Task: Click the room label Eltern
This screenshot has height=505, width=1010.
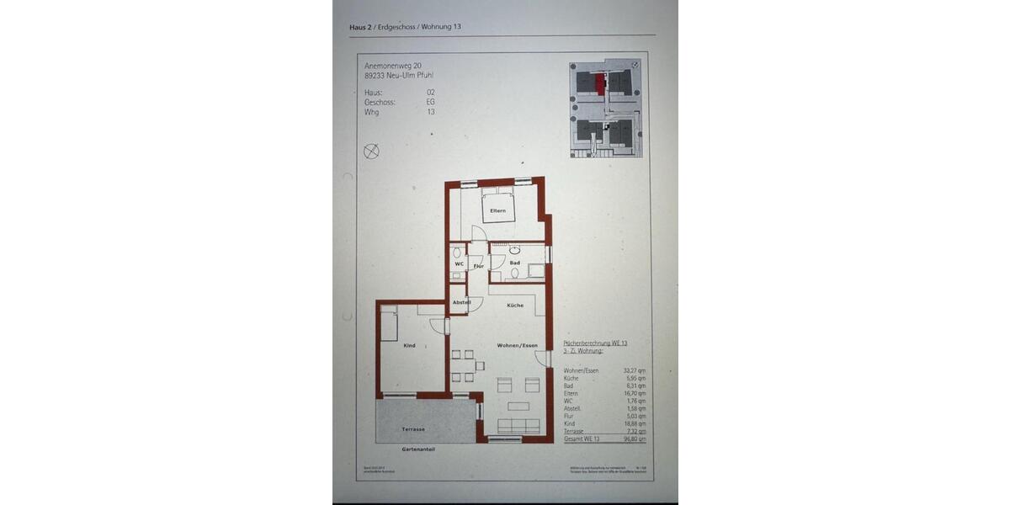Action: click(497, 210)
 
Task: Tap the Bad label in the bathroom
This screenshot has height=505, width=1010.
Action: click(514, 263)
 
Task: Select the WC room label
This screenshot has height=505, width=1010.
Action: click(459, 264)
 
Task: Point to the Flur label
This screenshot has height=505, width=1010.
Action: click(478, 266)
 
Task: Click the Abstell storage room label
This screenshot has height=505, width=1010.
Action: click(461, 302)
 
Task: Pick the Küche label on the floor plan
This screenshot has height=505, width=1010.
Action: click(515, 306)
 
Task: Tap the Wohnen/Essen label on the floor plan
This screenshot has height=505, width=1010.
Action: click(517, 346)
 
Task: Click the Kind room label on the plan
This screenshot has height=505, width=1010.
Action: click(410, 346)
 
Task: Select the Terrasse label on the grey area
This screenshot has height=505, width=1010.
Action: click(412, 428)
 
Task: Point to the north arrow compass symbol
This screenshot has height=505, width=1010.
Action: click(371, 151)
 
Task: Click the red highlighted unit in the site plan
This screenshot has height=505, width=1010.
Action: click(599, 83)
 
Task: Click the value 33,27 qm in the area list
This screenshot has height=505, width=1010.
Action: click(635, 369)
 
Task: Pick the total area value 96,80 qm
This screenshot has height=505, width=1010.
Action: click(635, 439)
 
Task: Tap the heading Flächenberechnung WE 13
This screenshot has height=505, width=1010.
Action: click(595, 343)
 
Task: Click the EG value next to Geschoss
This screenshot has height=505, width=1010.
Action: click(430, 101)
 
